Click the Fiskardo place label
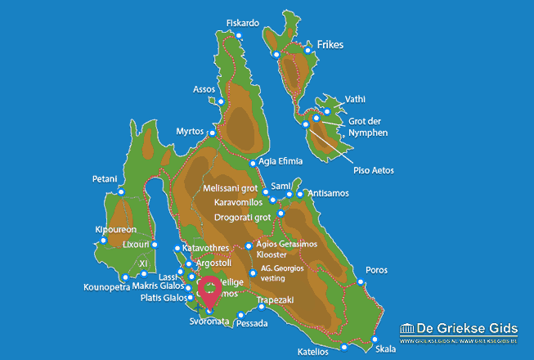point(243,23)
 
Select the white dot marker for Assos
point(221,101)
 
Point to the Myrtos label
point(189,131)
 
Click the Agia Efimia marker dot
point(253,162)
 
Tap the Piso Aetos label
point(373,170)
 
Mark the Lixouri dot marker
point(155,245)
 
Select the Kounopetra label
point(106,287)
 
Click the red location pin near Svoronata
point(209,291)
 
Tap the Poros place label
point(376,269)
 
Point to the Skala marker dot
point(375,339)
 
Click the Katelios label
point(313,352)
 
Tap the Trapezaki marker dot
point(261,309)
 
